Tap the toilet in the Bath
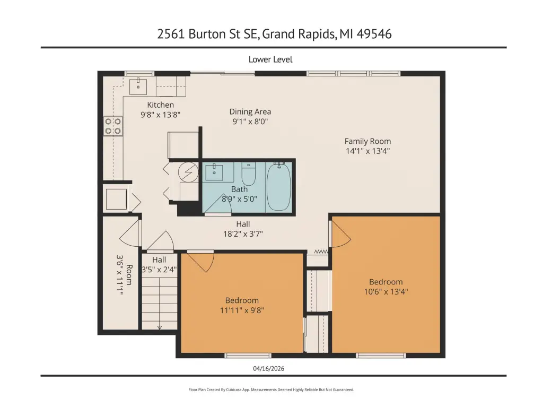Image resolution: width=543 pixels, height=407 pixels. pos(248,174)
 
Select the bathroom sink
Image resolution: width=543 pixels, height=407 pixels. pos(214,172)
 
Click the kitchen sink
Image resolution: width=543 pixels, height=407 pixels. pos(138,86)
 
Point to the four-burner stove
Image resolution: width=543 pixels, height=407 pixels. pos(113,126)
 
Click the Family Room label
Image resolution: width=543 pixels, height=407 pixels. pos(368,141)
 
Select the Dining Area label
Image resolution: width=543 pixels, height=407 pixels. pos(250,111)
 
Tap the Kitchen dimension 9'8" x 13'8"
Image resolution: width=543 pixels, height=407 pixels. pos(160,115)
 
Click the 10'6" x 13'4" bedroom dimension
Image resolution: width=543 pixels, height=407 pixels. pos(386,291)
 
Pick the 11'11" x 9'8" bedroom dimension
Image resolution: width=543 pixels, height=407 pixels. pos(242,310)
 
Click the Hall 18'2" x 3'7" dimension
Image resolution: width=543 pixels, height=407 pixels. pos(243,234)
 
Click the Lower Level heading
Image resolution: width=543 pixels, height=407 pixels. pos(270,59)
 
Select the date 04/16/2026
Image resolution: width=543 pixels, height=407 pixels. pos(269,368)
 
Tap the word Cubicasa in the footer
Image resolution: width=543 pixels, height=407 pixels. pos(234,389)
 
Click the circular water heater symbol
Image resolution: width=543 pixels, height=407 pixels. pos(188,172)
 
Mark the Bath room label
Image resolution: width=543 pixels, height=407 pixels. pos(239,189)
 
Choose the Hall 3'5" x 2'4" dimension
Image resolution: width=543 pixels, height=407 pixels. pos(159,270)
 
